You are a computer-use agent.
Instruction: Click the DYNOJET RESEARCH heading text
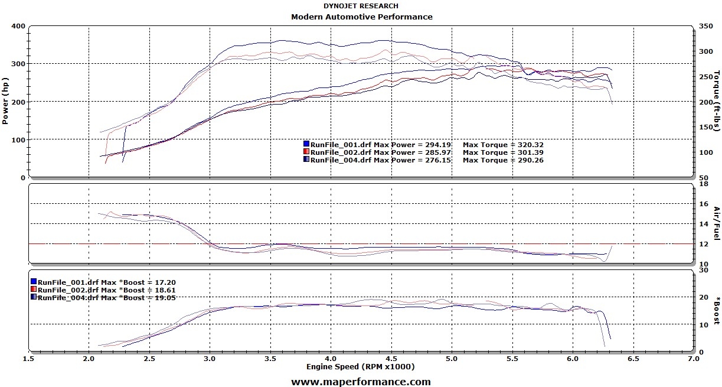(361, 6)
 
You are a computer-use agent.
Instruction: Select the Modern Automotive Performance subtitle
(361, 17)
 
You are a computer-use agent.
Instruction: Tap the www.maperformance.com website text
(361, 382)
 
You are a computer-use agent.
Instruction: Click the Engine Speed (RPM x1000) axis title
(360, 366)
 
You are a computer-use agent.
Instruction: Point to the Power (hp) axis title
(5, 101)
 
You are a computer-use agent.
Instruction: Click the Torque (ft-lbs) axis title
(717, 101)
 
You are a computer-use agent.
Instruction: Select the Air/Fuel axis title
(717, 223)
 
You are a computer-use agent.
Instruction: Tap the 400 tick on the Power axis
(18, 26)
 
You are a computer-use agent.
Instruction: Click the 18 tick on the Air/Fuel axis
(703, 184)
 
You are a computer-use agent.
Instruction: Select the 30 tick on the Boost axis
(703, 269)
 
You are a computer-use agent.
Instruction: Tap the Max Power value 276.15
(441, 160)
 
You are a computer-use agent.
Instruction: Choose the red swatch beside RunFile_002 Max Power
(306, 152)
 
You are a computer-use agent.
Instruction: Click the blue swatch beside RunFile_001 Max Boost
(34, 282)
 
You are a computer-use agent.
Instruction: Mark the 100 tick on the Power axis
(18, 139)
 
